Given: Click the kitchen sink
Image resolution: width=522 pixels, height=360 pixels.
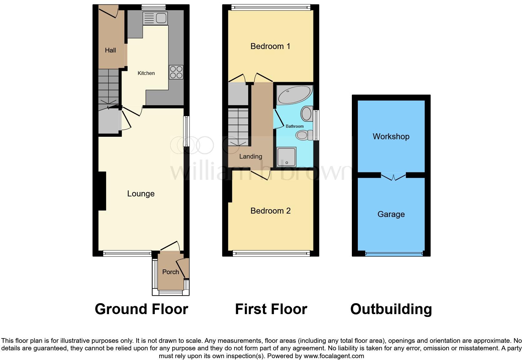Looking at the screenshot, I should tap(155, 18).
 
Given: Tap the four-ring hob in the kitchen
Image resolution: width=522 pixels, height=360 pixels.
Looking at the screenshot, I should tap(176, 72).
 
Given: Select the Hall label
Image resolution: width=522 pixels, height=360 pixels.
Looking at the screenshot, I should tap(110, 50).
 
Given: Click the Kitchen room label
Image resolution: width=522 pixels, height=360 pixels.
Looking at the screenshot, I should tap(146, 73).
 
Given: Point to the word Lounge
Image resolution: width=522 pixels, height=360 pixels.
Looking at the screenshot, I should tap(141, 194).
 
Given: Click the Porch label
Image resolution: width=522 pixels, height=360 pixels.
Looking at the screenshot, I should tap(170, 272).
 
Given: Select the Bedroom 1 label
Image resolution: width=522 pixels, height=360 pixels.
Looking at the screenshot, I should tap(270, 46).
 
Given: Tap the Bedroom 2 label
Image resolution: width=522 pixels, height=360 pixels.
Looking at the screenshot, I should tap(270, 211).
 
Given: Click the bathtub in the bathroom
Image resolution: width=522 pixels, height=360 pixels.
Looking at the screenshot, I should tap(294, 95).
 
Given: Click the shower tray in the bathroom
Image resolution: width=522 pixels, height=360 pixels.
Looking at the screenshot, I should tap(286, 157).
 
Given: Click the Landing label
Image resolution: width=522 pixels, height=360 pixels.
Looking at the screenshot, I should tap(251, 156).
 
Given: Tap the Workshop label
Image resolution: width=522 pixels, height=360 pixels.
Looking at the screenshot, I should tap(391, 136).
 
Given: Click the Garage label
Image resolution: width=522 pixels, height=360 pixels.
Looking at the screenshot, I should tap(391, 214).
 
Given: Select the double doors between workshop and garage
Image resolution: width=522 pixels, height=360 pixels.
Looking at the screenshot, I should tap(393, 176).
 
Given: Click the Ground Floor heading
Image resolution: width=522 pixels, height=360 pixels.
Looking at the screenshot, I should tap(141, 309).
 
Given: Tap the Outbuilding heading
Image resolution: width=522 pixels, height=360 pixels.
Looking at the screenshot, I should tap(391, 309).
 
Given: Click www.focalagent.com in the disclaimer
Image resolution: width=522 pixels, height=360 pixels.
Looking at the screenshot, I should tap(333, 356).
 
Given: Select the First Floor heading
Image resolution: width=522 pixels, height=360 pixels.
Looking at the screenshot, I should tap(271, 309).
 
